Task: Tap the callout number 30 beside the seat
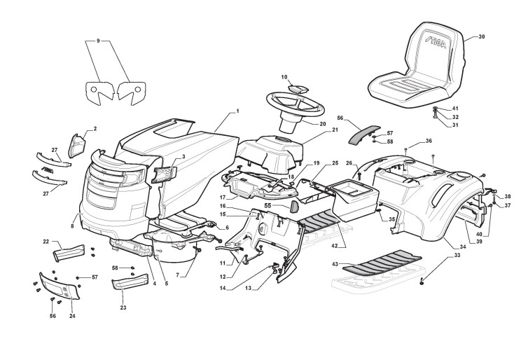(x=482, y=37)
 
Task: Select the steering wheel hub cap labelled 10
(x=298, y=88)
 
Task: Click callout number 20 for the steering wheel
(x=323, y=124)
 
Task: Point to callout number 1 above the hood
(x=237, y=111)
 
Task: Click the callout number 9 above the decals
(x=98, y=41)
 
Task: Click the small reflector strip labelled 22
(x=71, y=250)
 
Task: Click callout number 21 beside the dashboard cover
(x=335, y=130)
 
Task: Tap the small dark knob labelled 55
(x=294, y=207)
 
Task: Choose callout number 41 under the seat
(x=455, y=109)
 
